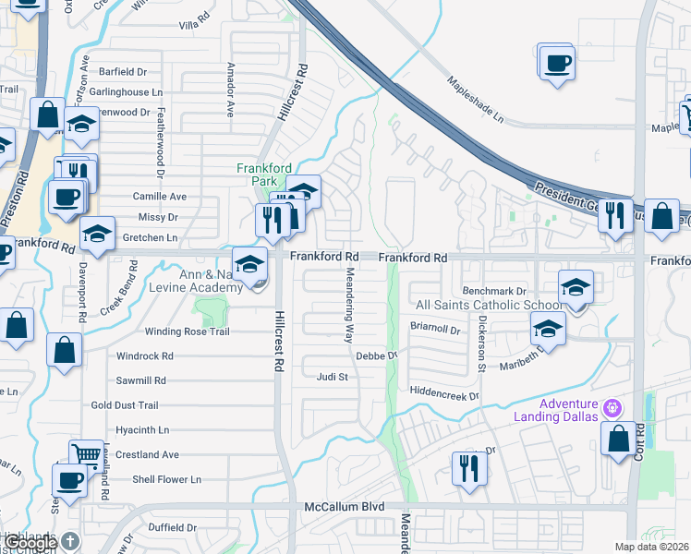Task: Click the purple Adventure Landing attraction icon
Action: [611, 407]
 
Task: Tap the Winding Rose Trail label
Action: [187, 331]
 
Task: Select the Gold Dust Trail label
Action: [125, 405]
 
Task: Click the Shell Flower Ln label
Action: [166, 479]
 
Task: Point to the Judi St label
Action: [332, 377]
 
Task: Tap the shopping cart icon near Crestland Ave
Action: [86, 453]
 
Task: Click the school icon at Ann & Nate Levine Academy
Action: [249, 263]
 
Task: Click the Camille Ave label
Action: [160, 197]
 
